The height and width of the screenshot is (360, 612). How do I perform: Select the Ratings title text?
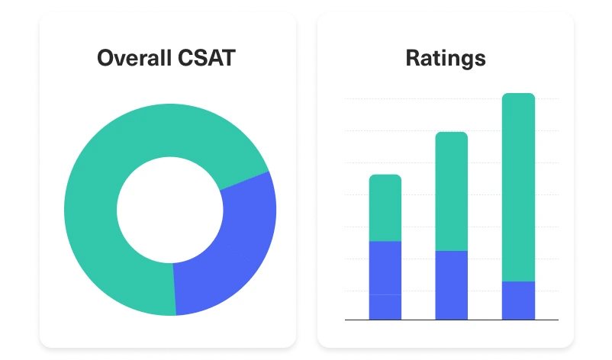[446, 58]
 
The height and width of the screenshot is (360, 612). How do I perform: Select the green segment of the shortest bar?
[385, 207]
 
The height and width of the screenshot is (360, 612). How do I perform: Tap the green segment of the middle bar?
[451, 191]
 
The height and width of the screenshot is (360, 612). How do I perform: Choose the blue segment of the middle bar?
[451, 284]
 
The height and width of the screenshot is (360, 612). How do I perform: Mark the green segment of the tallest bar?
[518, 187]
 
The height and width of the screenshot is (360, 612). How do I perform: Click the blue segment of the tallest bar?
[518, 300]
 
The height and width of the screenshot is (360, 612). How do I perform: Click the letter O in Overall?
[106, 58]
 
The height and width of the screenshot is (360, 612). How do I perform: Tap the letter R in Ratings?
[413, 58]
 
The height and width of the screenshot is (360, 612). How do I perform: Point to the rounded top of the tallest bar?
[518, 96]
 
